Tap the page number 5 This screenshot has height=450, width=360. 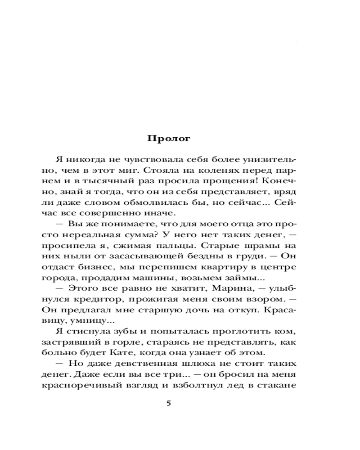169,403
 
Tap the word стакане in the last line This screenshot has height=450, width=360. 279,385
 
